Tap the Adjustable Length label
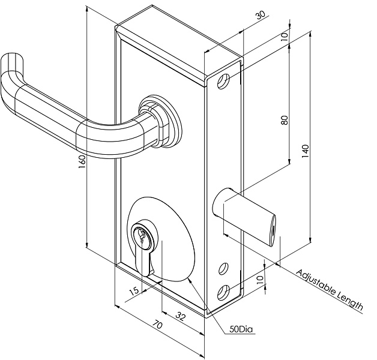tap(330, 290)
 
